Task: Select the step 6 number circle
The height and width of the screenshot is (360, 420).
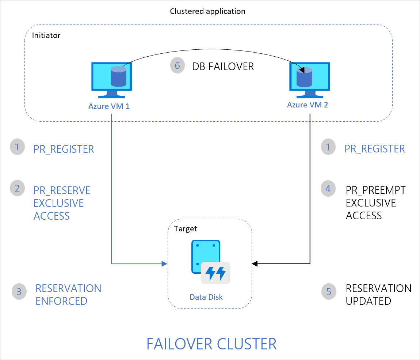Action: [x=177, y=66]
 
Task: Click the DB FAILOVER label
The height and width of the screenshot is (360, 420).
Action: [x=223, y=67]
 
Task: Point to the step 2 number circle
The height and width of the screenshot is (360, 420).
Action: [x=17, y=189]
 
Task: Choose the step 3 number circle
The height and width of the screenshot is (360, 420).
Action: [x=19, y=292]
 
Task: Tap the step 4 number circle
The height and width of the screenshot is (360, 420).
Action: [x=328, y=189]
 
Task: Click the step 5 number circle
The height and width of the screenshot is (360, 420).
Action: [x=329, y=292]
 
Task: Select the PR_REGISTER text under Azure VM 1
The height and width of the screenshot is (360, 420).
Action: [x=64, y=149]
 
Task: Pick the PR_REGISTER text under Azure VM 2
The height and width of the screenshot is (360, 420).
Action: [x=375, y=149]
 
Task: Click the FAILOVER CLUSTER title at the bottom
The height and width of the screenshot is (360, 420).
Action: [x=211, y=344]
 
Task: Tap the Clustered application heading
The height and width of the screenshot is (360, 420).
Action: [x=207, y=11]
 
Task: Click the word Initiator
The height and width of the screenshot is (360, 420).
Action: [x=46, y=35]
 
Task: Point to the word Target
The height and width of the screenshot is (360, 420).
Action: [x=186, y=229]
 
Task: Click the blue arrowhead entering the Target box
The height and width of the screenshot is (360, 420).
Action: [x=164, y=264]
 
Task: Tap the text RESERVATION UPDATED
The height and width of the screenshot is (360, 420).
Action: [x=378, y=295]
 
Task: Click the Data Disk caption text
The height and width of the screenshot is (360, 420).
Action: [x=206, y=297]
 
